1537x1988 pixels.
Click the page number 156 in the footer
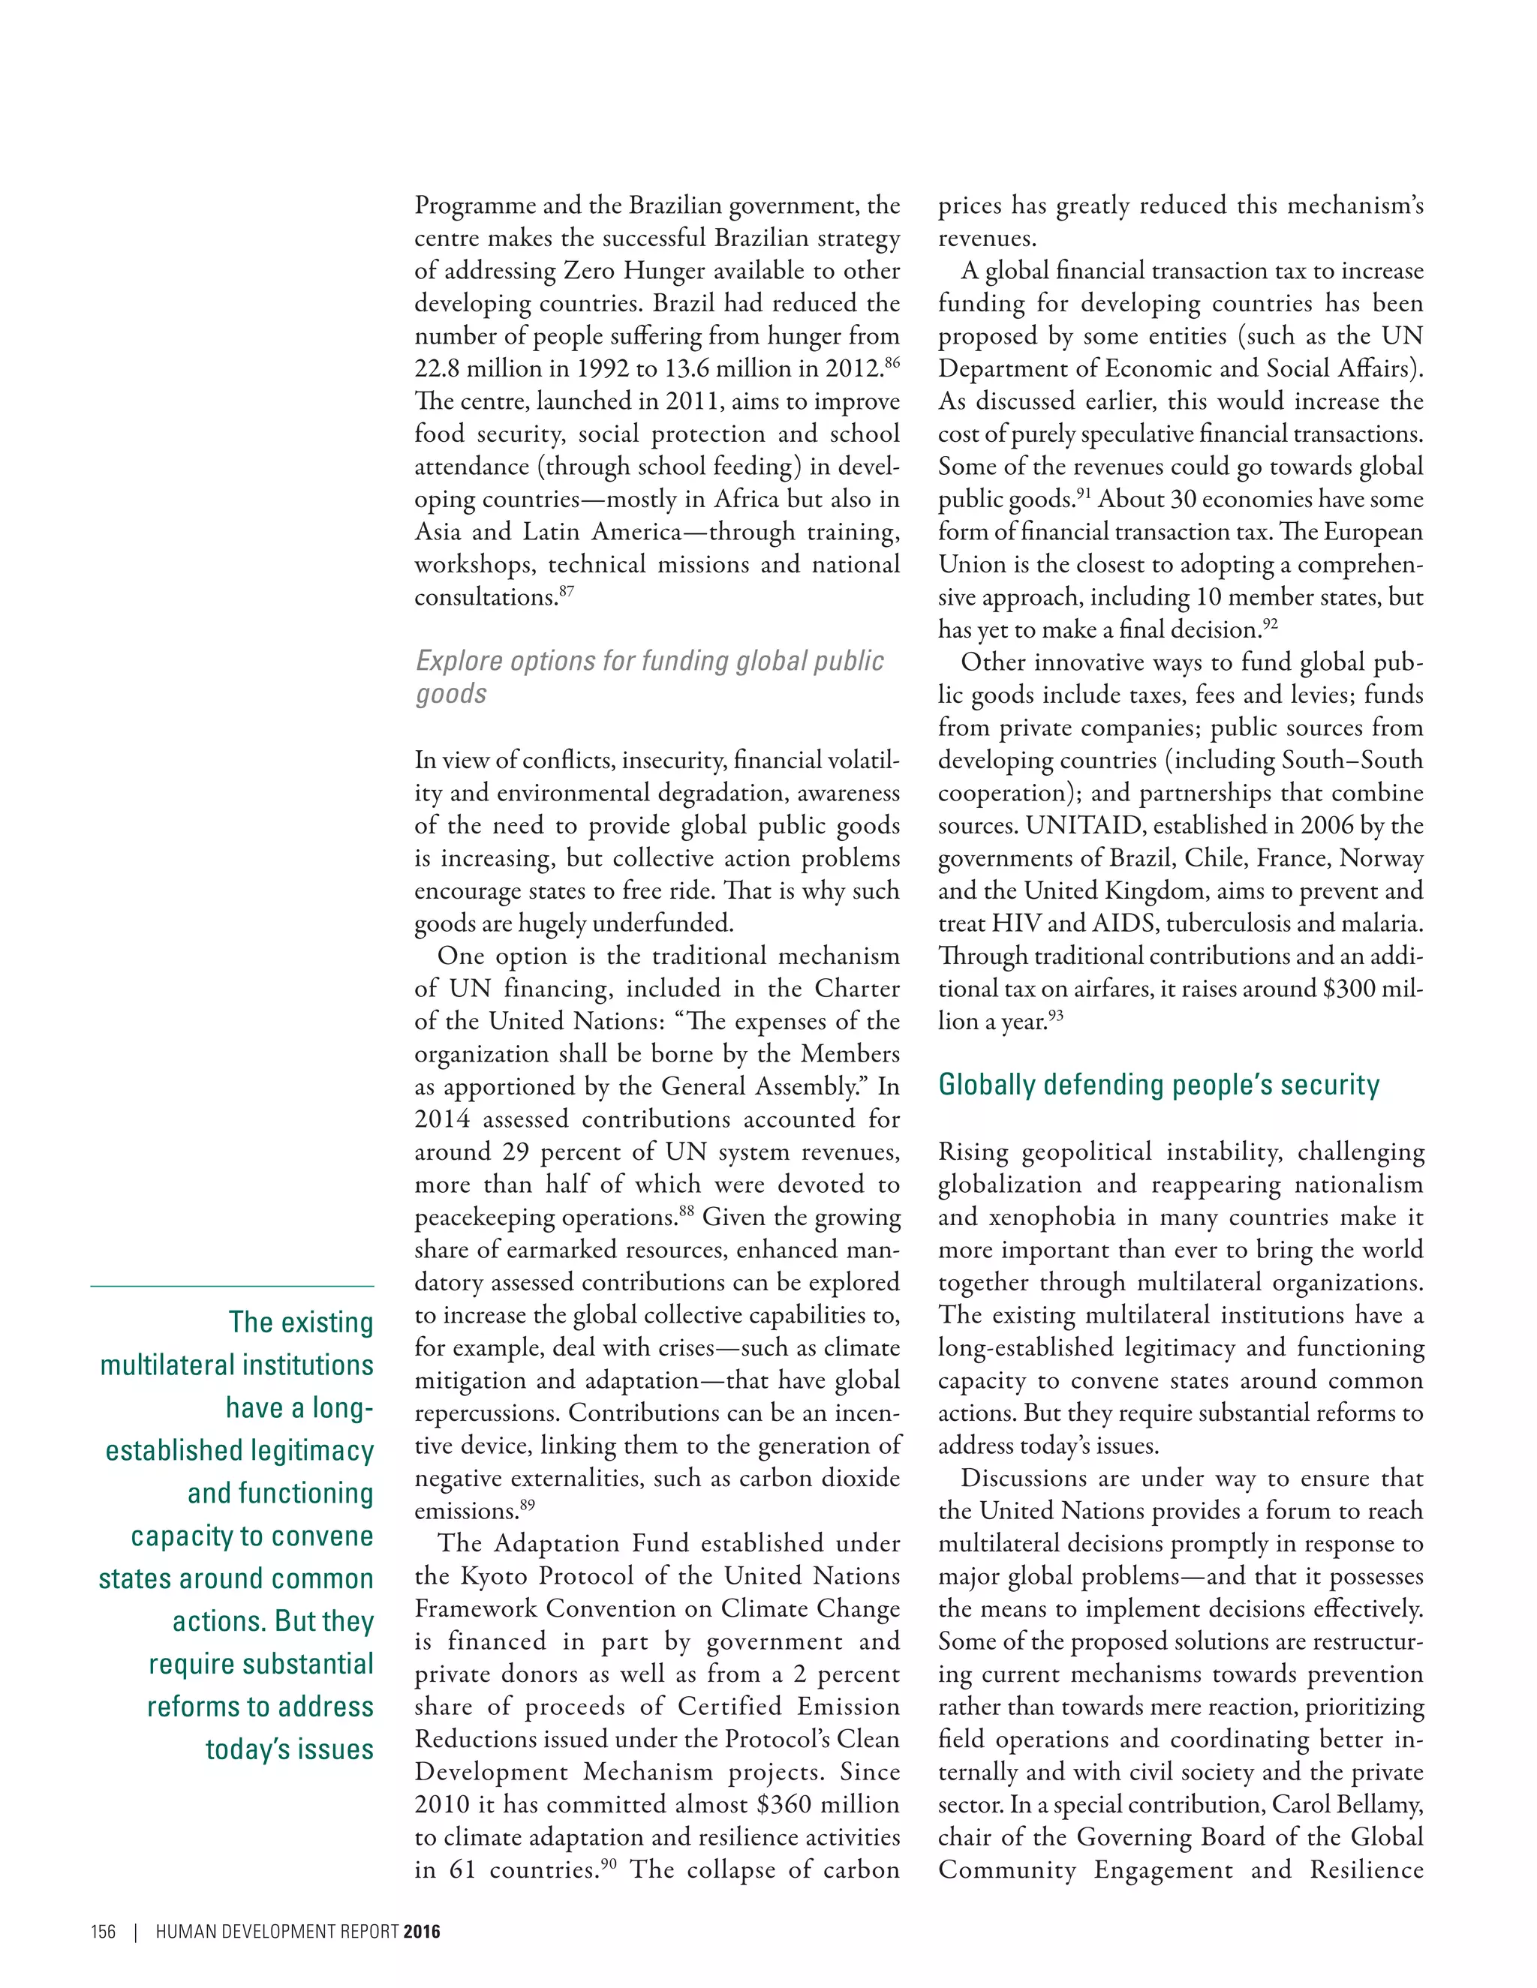click(x=103, y=1932)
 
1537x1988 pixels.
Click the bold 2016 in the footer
click(x=422, y=1932)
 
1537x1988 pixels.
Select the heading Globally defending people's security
click(x=1158, y=1085)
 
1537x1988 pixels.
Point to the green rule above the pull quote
click(x=232, y=1286)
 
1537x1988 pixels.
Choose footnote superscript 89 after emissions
click(x=527, y=1506)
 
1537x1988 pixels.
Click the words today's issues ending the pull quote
click(x=290, y=1749)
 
